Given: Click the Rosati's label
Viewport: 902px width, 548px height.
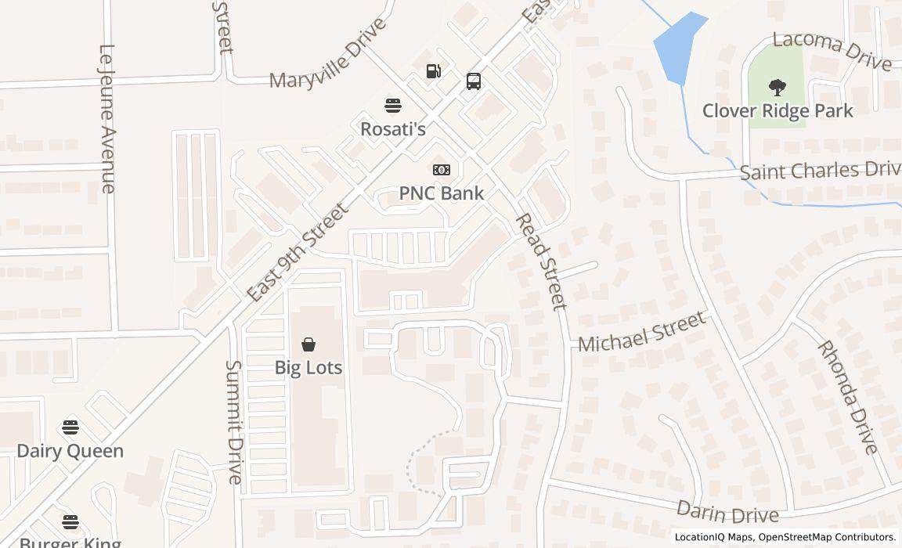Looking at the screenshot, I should point(392,128).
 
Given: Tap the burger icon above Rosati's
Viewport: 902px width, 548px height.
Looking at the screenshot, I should point(392,105).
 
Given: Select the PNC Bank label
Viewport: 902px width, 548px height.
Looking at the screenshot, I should point(442,193).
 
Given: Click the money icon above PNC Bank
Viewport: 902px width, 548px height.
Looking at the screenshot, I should point(442,170).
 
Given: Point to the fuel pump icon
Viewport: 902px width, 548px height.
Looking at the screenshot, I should point(434,71).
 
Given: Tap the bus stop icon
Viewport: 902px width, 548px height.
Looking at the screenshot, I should point(474,81).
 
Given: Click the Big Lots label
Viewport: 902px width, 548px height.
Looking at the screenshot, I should point(308,367).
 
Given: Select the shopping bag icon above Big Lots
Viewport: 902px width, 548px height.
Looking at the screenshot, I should point(308,344).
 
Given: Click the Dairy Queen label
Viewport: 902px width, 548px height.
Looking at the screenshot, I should point(70,451).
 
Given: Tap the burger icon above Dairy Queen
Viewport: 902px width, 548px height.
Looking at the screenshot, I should point(70,427).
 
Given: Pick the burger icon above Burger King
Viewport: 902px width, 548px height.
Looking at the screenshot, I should point(70,522).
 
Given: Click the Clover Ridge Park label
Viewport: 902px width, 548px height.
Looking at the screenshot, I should point(778,110).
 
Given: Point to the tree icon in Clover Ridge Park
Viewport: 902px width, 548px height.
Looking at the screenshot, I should point(778,87).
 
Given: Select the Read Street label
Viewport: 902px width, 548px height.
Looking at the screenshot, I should point(541,261).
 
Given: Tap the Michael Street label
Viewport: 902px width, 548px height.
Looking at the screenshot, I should point(642,332).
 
